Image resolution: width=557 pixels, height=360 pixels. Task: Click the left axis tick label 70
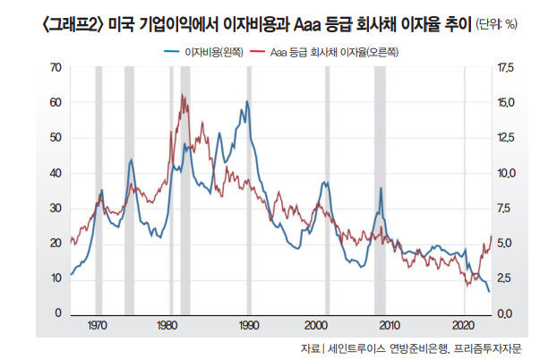[x=56, y=67]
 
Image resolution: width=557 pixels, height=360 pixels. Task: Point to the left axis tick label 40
[x=56, y=173]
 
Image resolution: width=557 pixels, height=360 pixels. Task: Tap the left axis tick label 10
[x=56, y=278]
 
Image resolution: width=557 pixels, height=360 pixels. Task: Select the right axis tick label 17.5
[x=508, y=67]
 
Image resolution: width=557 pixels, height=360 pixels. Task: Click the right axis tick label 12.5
[x=508, y=138]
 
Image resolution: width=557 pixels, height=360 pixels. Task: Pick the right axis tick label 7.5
[x=506, y=208]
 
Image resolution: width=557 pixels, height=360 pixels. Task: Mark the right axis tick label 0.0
[x=506, y=313]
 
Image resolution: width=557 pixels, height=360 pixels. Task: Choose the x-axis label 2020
[x=463, y=324]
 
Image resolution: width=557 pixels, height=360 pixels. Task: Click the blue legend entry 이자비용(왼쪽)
[x=206, y=53]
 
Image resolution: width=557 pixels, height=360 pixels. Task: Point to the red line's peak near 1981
[x=182, y=94]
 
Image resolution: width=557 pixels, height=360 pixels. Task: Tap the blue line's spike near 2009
[x=381, y=188]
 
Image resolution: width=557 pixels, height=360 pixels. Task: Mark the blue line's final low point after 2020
[x=488, y=292]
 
